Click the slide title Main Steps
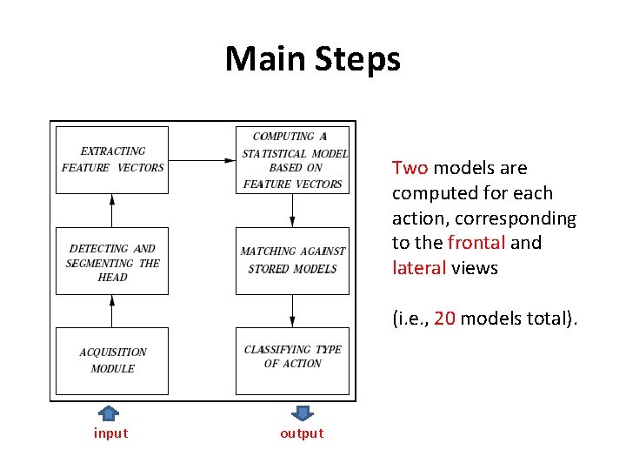click(x=313, y=59)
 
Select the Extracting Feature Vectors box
click(x=112, y=159)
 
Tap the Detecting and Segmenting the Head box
click(x=112, y=262)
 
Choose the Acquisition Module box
click(x=112, y=360)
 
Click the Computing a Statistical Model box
click(x=293, y=159)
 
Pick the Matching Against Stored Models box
click(x=293, y=260)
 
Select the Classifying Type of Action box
click(x=293, y=359)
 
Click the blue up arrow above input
click(x=109, y=413)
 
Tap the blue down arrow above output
click(x=302, y=413)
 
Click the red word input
click(x=110, y=433)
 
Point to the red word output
click(x=302, y=433)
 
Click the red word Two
click(x=410, y=168)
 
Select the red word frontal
click(x=476, y=243)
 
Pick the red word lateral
click(x=419, y=268)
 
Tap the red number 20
click(x=444, y=319)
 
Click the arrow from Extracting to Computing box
click(x=202, y=160)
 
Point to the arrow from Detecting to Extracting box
click(x=112, y=210)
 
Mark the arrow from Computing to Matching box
click(x=293, y=210)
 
